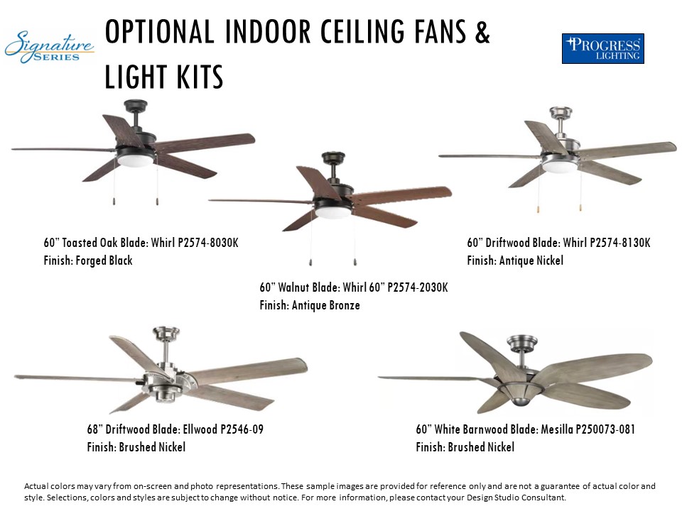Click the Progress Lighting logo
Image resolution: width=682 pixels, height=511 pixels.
pyautogui.click(x=603, y=49)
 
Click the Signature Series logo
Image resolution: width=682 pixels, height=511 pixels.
pyautogui.click(x=49, y=47)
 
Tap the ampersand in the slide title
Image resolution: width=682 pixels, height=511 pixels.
pyautogui.click(x=482, y=32)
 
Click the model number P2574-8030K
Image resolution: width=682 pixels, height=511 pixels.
pyautogui.click(x=208, y=243)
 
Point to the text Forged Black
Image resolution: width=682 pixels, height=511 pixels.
pyautogui.click(x=104, y=260)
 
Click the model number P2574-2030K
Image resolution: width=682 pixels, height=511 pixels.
pyautogui.click(x=418, y=287)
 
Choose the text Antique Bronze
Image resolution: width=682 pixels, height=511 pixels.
pyautogui.click(x=326, y=305)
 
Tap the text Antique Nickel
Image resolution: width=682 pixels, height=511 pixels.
pyautogui.click(x=531, y=260)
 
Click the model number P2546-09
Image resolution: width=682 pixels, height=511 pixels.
pyautogui.click(x=242, y=429)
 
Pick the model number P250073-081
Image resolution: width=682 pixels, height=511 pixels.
pyautogui.click(x=605, y=429)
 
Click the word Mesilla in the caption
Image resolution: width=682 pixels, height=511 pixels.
pyautogui.click(x=557, y=429)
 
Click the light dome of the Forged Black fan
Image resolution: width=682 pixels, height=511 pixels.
pyautogui.click(x=135, y=161)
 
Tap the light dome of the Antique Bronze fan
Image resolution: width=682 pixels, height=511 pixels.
pyautogui.click(x=332, y=212)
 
